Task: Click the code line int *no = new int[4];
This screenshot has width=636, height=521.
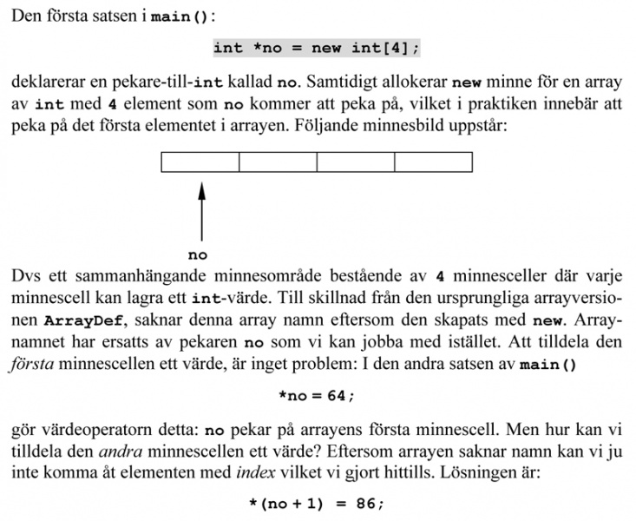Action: pyautogui.click(x=317, y=48)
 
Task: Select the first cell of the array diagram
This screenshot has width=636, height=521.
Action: pyautogui.click(x=200, y=162)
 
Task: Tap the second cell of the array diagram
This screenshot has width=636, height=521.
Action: pyautogui.click(x=278, y=162)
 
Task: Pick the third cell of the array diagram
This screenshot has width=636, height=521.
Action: pyautogui.click(x=356, y=162)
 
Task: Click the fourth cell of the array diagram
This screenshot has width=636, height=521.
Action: pyautogui.click(x=433, y=162)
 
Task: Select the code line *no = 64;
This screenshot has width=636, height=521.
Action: pyautogui.click(x=317, y=395)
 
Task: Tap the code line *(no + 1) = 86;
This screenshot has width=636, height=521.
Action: pyautogui.click(x=317, y=504)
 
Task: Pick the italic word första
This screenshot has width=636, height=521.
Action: pyautogui.click(x=32, y=363)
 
